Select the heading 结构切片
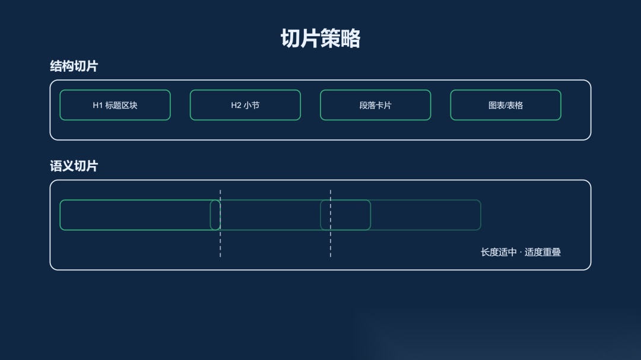tap(74, 66)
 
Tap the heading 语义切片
tap(74, 166)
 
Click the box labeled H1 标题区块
tap(115, 105)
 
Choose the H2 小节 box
tap(245, 105)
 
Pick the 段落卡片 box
tap(375, 105)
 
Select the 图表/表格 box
tap(506, 105)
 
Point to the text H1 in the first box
tap(98, 106)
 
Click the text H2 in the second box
tap(236, 106)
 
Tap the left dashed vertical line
tap(220, 243)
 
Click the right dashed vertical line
tap(331, 243)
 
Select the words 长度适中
tap(499, 252)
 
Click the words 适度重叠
tap(542, 252)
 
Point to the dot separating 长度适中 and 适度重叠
tap(521, 252)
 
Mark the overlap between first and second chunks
tap(215, 215)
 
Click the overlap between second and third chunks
tap(345, 215)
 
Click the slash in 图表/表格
tap(506, 106)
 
